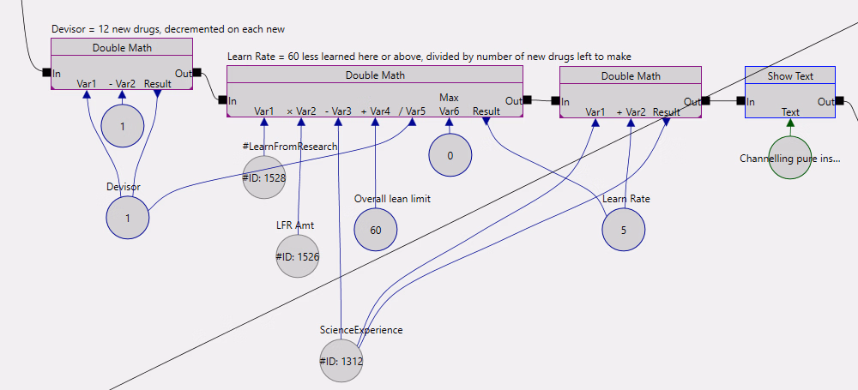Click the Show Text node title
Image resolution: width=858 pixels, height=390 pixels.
790,75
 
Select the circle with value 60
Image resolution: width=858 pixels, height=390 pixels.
375,230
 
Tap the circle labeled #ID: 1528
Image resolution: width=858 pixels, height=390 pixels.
264,177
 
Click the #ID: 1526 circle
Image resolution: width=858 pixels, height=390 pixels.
298,255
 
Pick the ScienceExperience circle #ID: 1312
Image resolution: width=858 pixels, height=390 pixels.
341,361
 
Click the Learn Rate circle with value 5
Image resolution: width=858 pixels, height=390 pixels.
623,230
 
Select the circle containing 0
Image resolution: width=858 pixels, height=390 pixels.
450,155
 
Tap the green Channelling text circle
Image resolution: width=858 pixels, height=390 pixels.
790,158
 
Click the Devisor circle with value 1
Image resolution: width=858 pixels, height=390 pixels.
128,217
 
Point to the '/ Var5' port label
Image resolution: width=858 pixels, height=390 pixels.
412,111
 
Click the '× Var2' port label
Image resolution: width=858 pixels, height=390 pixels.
301,111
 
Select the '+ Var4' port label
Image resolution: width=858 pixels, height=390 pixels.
375,111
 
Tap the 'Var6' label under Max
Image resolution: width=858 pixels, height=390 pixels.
449,111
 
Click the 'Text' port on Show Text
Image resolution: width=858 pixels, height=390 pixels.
790,111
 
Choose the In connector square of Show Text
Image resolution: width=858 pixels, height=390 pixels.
739,101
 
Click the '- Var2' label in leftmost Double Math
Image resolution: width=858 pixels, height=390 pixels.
122,83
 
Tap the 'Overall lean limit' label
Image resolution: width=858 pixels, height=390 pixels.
392,199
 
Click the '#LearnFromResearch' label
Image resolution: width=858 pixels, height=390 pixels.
290,147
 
